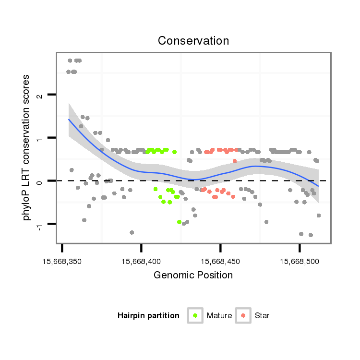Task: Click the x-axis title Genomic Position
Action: coord(193,275)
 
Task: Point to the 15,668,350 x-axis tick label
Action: coord(62,262)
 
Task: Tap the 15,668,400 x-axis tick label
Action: coord(141,262)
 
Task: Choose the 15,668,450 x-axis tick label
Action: coord(220,262)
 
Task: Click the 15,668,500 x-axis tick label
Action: coord(300,262)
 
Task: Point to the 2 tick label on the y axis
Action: coord(40,95)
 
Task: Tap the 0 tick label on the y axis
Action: coord(40,181)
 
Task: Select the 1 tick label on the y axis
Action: coord(40,138)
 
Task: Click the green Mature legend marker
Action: coord(195,315)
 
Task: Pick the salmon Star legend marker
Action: coord(243,315)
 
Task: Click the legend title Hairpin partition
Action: coord(148,316)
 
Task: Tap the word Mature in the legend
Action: coord(219,316)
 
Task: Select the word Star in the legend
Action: coord(262,316)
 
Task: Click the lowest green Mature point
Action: coord(179,222)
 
